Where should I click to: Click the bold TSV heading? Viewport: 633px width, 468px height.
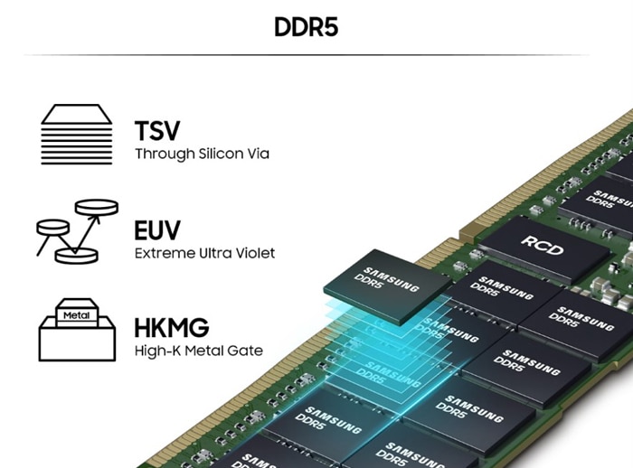point(157,130)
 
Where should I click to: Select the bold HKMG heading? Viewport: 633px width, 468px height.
point(172,327)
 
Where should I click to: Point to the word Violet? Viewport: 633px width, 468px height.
point(253,252)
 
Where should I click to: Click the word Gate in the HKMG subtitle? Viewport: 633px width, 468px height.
point(246,351)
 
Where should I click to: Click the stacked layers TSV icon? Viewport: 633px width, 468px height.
point(77,136)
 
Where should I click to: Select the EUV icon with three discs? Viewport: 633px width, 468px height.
point(77,231)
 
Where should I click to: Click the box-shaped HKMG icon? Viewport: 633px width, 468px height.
point(77,330)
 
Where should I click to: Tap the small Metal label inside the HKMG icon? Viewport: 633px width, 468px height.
point(77,316)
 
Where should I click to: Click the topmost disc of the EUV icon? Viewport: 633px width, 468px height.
point(97,207)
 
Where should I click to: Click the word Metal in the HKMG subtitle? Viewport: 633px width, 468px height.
point(206,351)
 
